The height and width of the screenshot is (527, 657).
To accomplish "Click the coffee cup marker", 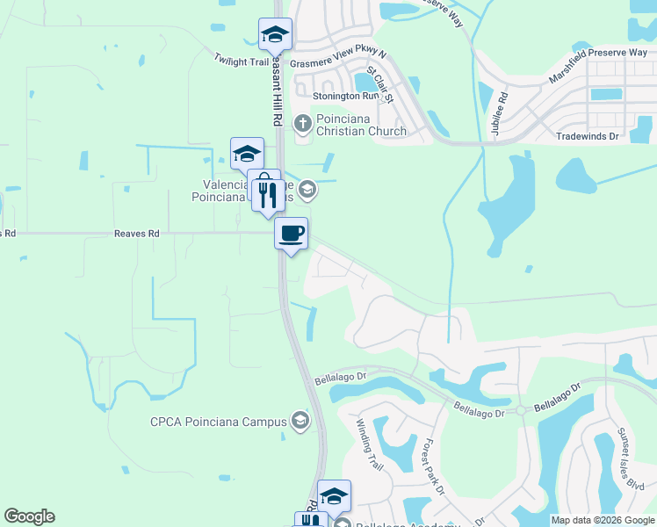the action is (292, 234).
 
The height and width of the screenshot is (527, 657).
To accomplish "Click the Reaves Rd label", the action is (136, 234).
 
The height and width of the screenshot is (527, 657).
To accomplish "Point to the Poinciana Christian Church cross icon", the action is (303, 122).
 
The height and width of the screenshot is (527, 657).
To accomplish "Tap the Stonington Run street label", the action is (350, 96).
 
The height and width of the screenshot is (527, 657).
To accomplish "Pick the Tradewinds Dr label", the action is (588, 136).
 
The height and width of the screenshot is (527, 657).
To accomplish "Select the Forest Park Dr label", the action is (435, 466).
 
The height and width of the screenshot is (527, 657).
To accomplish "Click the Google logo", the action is (29, 516).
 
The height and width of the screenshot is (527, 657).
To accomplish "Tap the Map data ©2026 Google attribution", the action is (602, 520).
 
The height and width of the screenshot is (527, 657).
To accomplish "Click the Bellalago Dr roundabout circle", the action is (520, 410).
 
